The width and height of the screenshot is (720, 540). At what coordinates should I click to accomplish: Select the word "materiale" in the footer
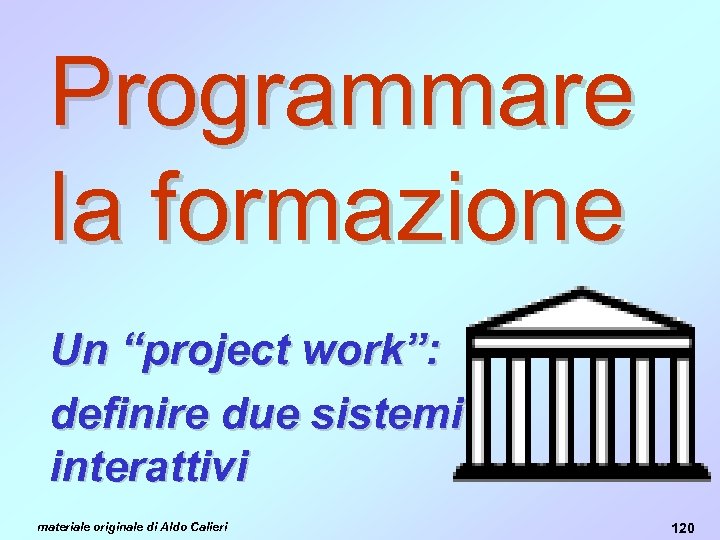coord(62,524)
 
